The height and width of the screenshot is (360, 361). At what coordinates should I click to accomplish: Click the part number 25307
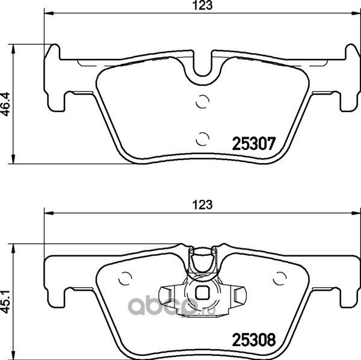point(253,144)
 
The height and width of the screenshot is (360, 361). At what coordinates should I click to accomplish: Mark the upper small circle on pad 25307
point(203,102)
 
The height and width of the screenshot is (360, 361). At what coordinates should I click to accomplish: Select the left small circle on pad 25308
point(126,278)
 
